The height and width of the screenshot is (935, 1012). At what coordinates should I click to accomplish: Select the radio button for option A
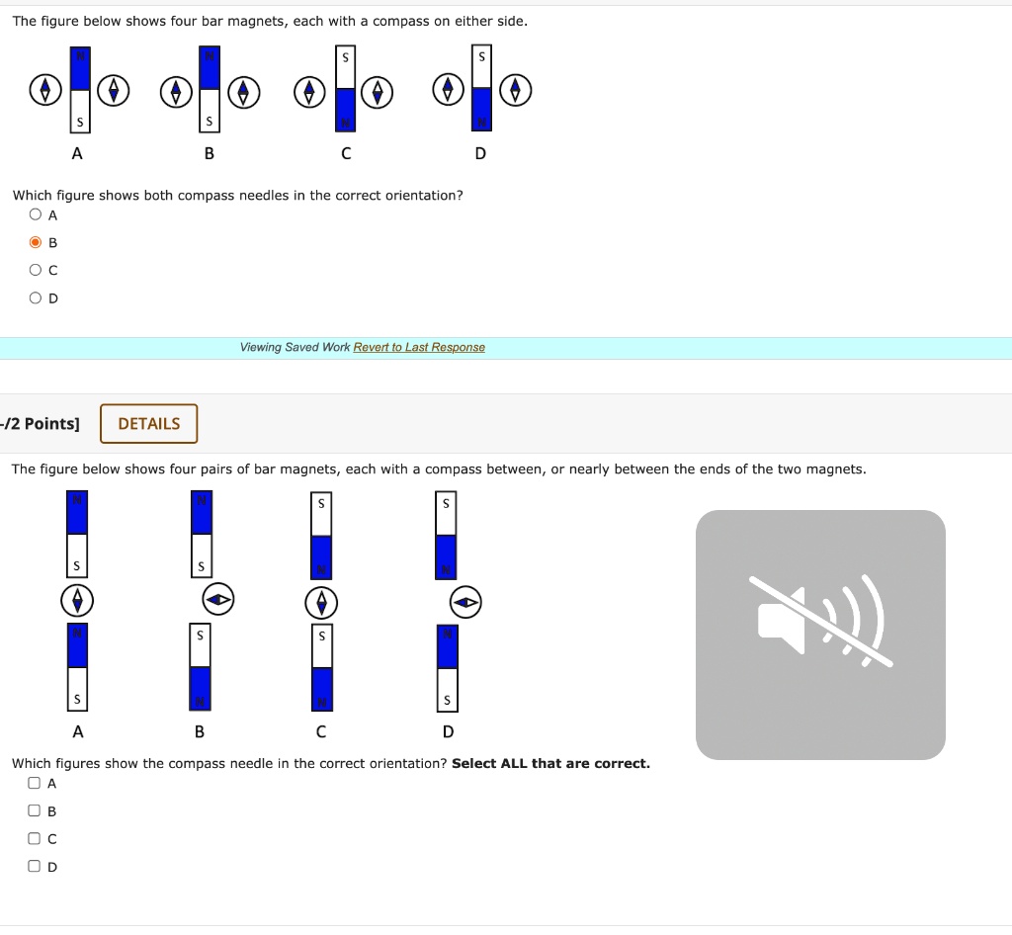[36, 214]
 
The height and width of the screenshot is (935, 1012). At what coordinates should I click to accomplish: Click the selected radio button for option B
[36, 242]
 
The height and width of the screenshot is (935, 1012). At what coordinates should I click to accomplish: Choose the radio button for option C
[36, 270]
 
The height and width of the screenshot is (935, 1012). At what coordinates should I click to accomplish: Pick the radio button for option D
[36, 297]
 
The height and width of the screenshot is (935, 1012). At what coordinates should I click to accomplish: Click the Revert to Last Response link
[419, 347]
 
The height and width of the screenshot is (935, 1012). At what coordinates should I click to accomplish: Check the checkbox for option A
[36, 784]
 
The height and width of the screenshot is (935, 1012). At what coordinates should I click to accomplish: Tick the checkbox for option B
[36, 811]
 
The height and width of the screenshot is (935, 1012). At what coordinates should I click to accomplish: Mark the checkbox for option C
[36, 839]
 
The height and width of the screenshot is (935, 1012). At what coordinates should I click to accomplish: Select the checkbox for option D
[36, 867]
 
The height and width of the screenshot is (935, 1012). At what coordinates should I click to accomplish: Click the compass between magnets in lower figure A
[77, 600]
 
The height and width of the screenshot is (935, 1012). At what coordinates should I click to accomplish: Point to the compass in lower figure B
[219, 598]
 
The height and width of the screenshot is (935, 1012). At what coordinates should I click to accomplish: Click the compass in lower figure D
[465, 600]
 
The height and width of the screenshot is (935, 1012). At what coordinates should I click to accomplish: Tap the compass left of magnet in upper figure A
[42, 91]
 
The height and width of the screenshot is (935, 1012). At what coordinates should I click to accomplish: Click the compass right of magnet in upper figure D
[515, 91]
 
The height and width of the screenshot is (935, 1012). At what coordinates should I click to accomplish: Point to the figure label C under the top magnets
[345, 153]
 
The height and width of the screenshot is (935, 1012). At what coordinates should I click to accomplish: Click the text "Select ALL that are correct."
[550, 763]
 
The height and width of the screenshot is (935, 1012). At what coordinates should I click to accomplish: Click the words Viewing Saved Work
[295, 347]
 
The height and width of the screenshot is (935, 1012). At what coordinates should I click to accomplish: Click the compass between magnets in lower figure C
[321, 600]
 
